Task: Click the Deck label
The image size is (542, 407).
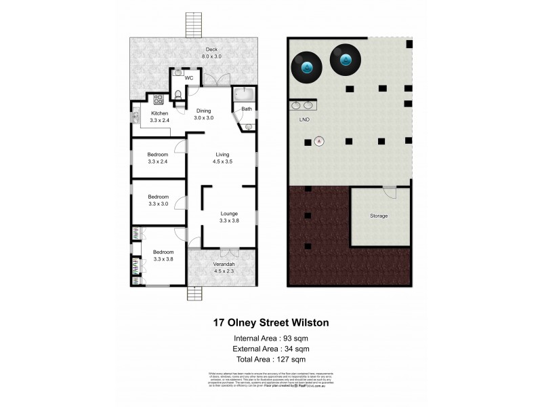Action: pyautogui.click(x=211, y=49)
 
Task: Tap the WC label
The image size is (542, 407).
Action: pyautogui.click(x=189, y=78)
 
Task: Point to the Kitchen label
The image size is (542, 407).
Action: pyautogui.click(x=159, y=113)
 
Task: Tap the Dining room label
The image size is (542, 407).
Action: pyautogui.click(x=204, y=111)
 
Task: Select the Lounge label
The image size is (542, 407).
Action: pyautogui.click(x=228, y=213)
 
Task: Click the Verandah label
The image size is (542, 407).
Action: pyautogui.click(x=224, y=264)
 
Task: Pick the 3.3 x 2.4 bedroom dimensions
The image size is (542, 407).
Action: pyautogui.click(x=157, y=161)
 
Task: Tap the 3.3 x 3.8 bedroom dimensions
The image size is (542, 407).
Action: pyautogui.click(x=163, y=258)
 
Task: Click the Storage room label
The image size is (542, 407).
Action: pyautogui.click(x=379, y=216)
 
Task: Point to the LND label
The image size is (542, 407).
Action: pyautogui.click(x=304, y=119)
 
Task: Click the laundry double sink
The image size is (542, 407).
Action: pyautogui.click(x=302, y=105)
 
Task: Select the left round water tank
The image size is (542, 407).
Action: pyautogui.click(x=306, y=66)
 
